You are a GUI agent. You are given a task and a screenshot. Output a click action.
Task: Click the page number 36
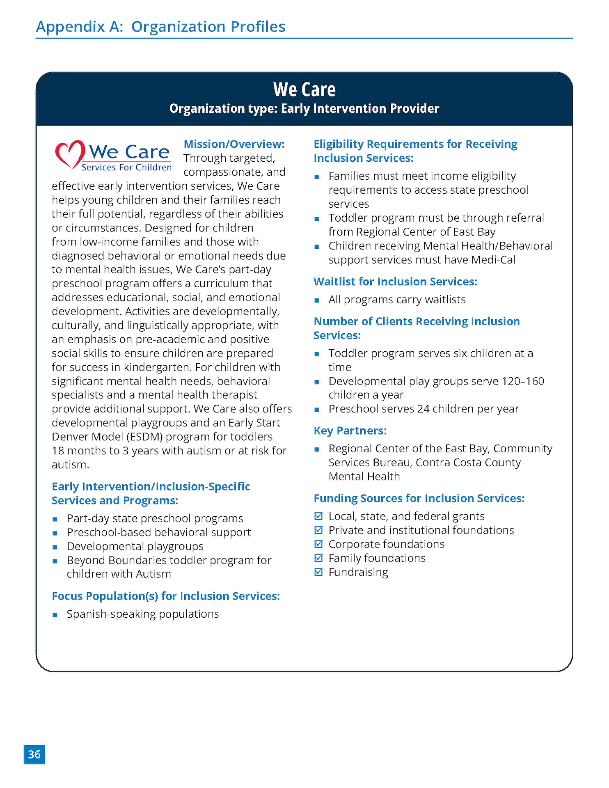34,754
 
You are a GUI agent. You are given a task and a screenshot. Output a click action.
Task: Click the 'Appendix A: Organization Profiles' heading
160,27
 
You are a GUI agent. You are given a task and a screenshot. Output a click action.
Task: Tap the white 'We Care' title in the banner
304,89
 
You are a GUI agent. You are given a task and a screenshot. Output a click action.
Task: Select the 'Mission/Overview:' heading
234,144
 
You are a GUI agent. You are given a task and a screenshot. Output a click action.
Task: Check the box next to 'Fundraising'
318,572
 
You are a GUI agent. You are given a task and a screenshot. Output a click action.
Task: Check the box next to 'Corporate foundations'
318,544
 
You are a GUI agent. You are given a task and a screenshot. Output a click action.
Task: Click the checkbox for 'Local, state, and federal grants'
318,516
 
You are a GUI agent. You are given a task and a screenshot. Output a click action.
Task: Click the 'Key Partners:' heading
350,431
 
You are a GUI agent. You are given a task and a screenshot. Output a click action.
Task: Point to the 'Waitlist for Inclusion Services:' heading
395,282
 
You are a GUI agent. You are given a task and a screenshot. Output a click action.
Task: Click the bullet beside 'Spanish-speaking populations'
55,615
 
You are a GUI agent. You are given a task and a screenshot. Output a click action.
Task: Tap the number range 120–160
522,381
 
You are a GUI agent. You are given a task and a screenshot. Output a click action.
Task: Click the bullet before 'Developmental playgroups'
55,547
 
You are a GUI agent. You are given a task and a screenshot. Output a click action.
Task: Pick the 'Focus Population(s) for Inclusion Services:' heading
166,596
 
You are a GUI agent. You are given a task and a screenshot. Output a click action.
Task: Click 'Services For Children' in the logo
126,167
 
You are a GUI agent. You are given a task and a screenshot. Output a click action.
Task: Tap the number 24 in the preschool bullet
423,409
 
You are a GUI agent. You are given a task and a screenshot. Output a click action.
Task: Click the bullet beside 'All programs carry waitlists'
316,300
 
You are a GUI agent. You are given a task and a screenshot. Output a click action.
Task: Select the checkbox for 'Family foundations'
318,558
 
